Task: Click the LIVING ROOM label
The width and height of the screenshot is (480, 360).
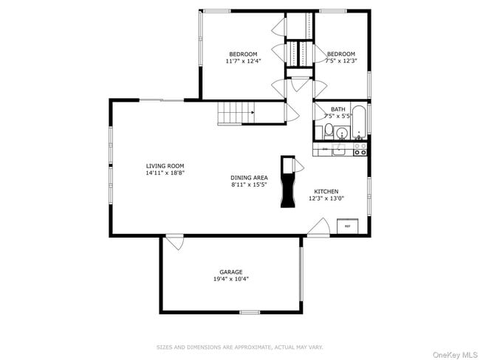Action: (x=165, y=166)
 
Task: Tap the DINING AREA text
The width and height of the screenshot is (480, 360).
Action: (x=249, y=178)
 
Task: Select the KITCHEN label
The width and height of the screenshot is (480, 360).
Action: (x=326, y=191)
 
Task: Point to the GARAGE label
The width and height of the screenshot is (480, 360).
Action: (x=230, y=271)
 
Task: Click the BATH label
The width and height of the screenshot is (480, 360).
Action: (x=337, y=109)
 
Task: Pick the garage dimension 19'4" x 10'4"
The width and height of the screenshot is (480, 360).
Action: (x=230, y=279)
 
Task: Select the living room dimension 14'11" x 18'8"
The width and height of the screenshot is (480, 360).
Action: (x=165, y=173)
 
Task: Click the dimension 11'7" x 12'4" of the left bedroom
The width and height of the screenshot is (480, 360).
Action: (x=243, y=61)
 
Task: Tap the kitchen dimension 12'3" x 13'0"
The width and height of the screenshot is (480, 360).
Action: (x=326, y=198)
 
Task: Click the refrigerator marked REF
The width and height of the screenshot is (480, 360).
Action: (x=346, y=226)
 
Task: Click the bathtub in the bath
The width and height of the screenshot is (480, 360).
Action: (x=359, y=122)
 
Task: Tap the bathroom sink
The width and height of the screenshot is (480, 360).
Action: (x=342, y=134)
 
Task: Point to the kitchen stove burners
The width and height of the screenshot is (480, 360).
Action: (x=360, y=149)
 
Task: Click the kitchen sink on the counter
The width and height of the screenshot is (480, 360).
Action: (x=339, y=150)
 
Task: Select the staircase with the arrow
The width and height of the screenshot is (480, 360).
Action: (x=236, y=114)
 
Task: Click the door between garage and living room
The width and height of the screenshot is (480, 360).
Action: (x=174, y=240)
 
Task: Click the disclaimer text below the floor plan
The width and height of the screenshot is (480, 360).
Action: (x=240, y=347)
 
